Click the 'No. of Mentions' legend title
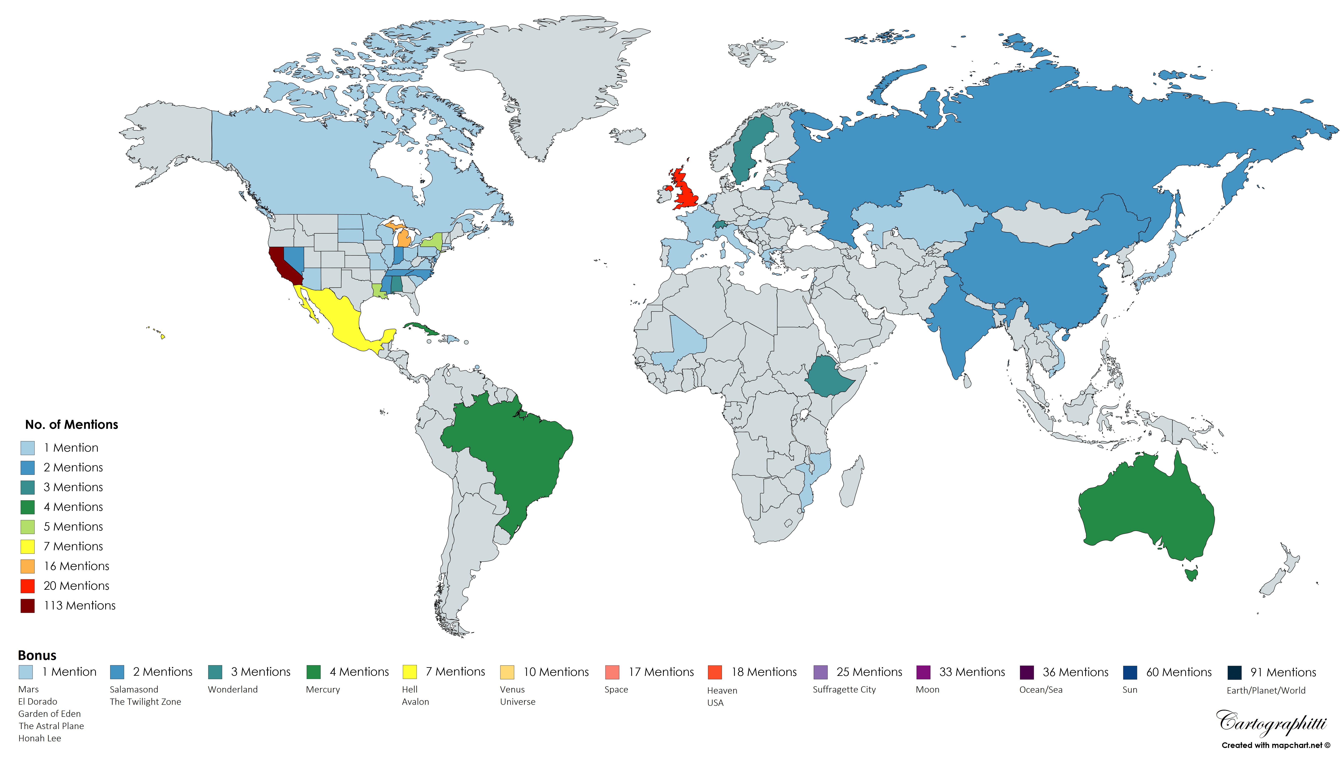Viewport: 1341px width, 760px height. coord(71,424)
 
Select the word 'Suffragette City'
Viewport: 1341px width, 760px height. coord(844,690)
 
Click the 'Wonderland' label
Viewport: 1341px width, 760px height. coord(233,690)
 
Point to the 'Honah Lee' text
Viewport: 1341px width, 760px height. coord(40,738)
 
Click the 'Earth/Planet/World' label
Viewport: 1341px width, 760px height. coord(1266,691)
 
